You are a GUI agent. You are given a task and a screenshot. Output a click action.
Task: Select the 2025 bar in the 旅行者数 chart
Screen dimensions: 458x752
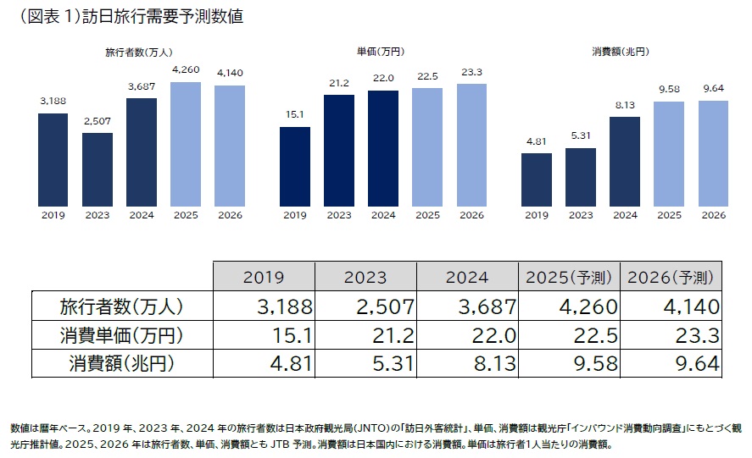coord(186,143)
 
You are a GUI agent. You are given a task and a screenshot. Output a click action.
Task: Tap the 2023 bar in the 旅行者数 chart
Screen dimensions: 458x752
coord(97,168)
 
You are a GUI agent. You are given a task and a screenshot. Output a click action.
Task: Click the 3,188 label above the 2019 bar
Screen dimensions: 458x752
coord(53,102)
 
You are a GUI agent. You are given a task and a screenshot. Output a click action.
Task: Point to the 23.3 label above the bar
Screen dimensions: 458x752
coord(471,73)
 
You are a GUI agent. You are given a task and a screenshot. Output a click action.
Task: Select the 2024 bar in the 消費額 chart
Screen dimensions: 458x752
coord(625,160)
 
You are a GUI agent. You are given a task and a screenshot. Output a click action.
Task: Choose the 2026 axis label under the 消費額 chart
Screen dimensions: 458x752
coord(713,215)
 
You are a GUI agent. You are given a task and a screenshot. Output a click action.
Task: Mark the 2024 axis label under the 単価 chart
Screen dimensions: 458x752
coord(383,215)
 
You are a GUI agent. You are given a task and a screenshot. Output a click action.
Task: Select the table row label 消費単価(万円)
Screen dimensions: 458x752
coord(120,335)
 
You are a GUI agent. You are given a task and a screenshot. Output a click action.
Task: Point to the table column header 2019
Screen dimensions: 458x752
coord(264,278)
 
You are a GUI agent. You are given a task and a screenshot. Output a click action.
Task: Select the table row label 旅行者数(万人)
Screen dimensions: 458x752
coord(120,306)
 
